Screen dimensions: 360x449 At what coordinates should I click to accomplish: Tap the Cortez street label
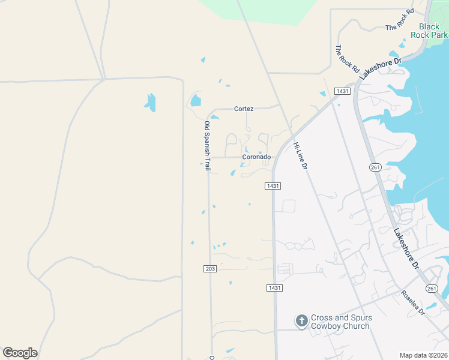click(x=244, y=109)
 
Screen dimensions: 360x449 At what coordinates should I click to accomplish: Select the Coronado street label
click(x=256, y=157)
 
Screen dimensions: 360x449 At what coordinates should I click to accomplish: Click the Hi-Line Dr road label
click(x=300, y=155)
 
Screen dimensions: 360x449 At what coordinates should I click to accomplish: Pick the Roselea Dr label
click(x=413, y=304)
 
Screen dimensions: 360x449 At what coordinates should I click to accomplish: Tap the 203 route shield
click(x=209, y=269)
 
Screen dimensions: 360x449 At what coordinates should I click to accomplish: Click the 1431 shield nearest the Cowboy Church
click(x=274, y=288)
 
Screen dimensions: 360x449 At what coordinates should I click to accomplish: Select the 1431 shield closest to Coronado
click(x=273, y=186)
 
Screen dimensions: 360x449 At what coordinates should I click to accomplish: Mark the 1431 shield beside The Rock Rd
click(x=343, y=91)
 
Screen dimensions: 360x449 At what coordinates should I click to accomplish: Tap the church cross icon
click(x=301, y=322)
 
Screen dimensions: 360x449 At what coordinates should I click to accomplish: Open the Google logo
click(x=20, y=353)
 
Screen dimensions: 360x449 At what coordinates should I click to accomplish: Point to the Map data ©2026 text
click(x=423, y=355)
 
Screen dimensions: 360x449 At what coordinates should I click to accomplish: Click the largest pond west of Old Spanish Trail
click(x=150, y=103)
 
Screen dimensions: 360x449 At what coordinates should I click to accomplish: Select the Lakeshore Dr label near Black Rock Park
click(x=380, y=69)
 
